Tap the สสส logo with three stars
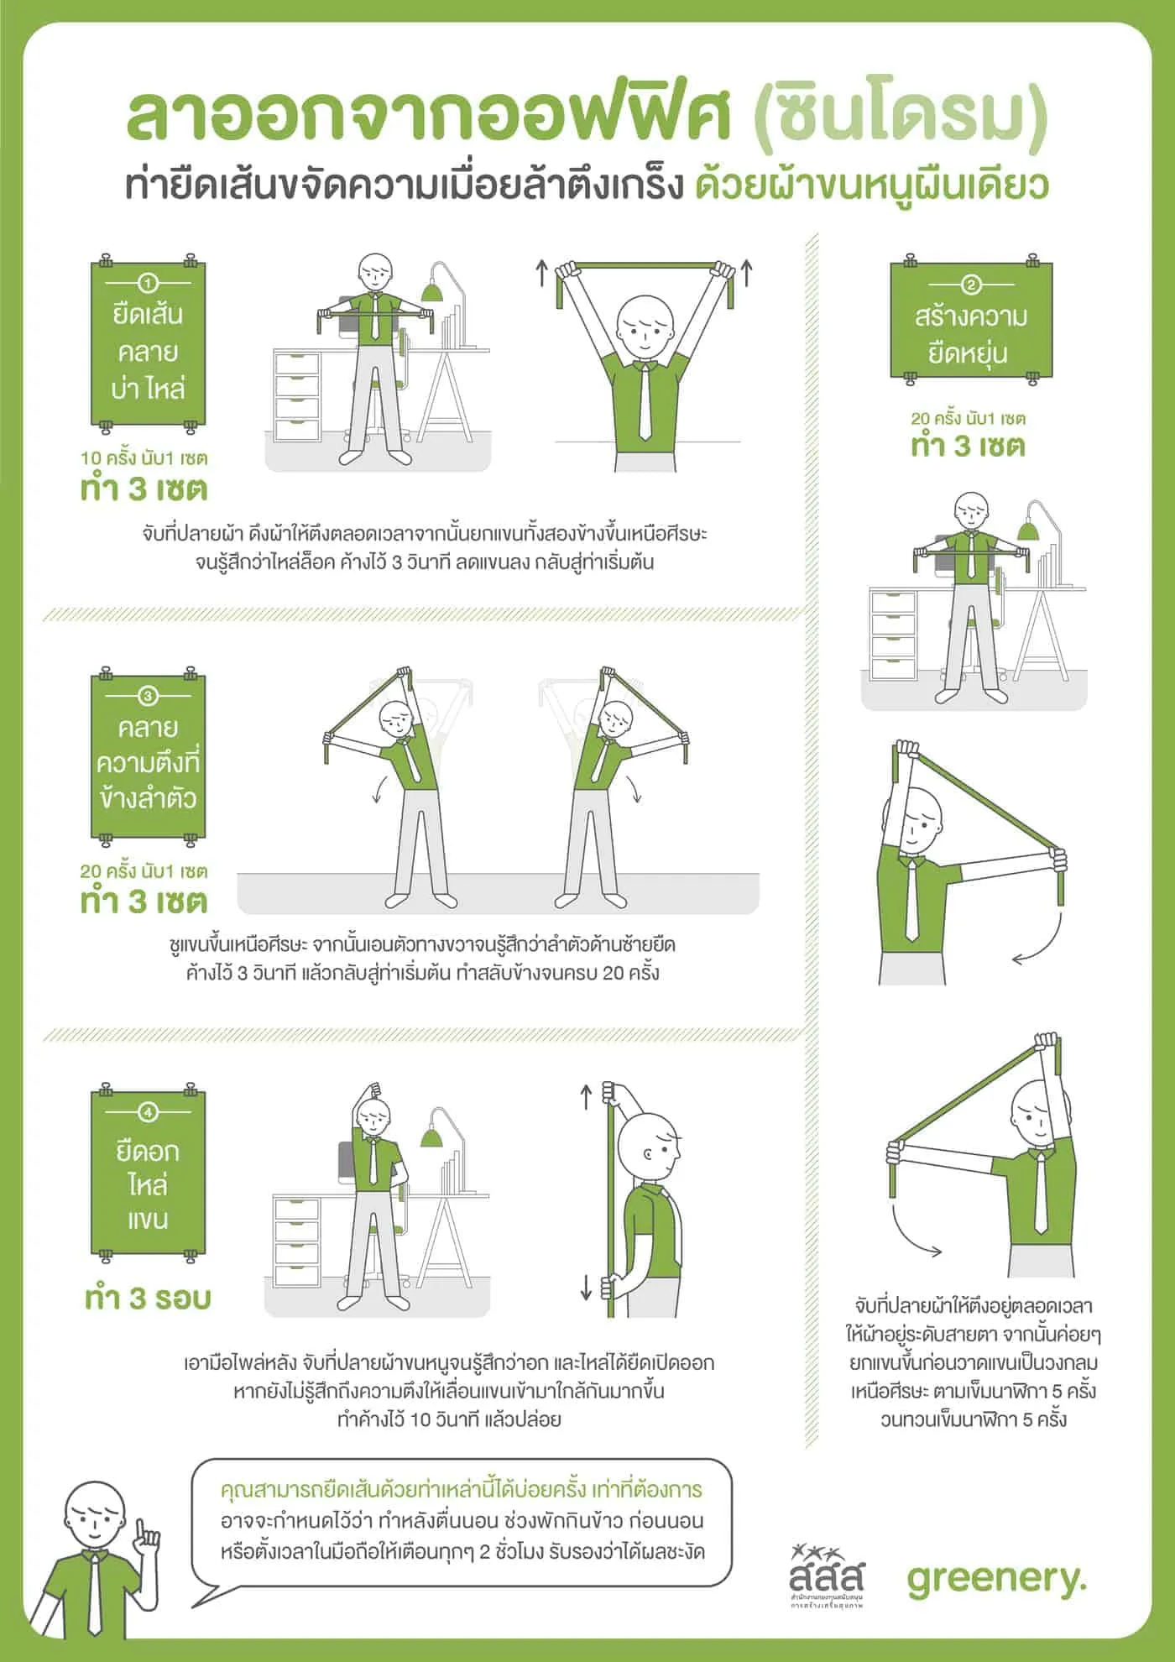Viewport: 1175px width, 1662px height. (x=826, y=1574)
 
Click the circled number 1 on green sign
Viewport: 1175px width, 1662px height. (x=149, y=284)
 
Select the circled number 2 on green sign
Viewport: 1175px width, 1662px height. (x=971, y=285)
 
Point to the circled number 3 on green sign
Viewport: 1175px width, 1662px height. (x=148, y=696)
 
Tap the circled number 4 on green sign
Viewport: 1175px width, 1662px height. (x=148, y=1112)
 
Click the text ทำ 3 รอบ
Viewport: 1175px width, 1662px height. (x=148, y=1298)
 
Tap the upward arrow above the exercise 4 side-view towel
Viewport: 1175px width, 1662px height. (x=587, y=1095)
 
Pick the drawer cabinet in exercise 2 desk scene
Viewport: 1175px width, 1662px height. (x=893, y=635)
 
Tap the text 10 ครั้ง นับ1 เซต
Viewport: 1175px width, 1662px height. (x=144, y=458)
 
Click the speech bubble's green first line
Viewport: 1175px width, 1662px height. (x=461, y=1490)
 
